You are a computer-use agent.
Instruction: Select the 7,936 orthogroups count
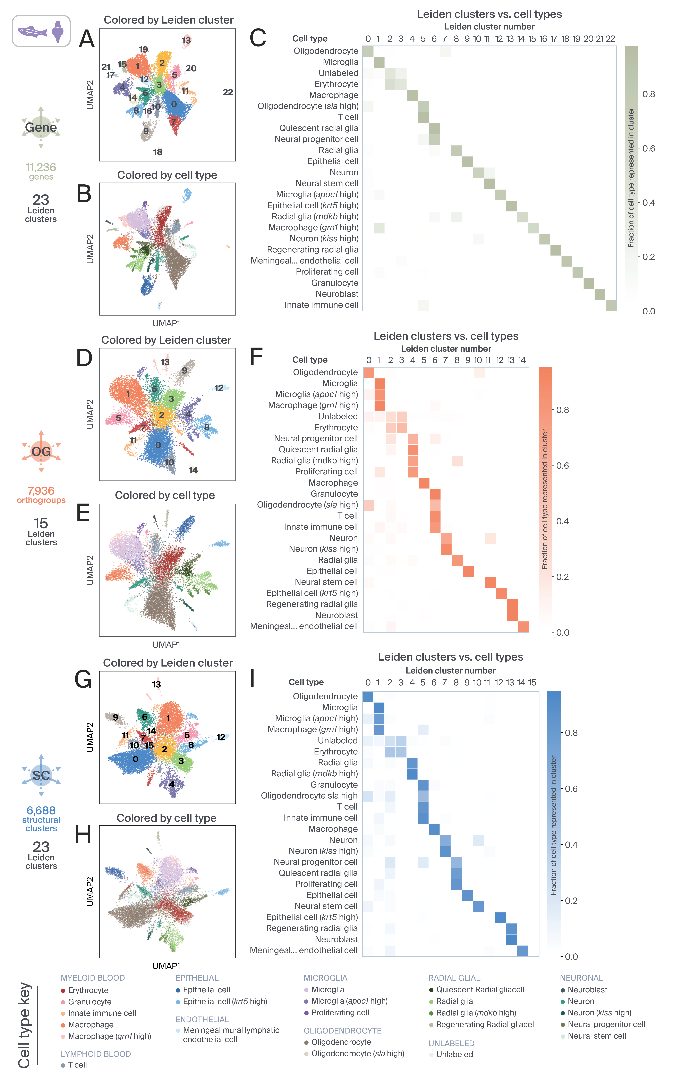point(41,491)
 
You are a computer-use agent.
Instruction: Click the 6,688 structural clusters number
point(41,811)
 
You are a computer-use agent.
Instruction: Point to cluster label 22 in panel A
point(228,92)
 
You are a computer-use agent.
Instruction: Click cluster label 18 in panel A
point(158,152)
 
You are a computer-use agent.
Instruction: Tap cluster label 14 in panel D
point(193,470)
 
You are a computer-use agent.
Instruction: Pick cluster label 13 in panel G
point(156,684)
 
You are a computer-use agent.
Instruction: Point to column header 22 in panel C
point(610,39)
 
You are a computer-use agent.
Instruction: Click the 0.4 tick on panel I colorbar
point(571,845)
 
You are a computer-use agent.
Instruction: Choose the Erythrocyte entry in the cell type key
point(88,990)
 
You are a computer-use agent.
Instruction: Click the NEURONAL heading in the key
point(581,978)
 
